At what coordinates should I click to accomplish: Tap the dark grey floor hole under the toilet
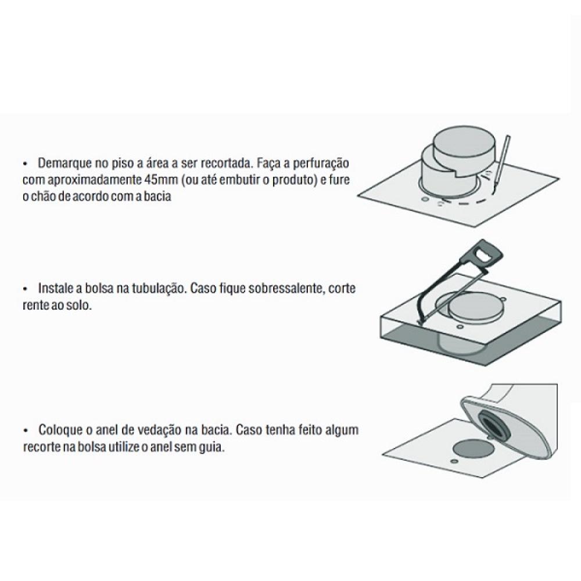pyautogui.click(x=474, y=449)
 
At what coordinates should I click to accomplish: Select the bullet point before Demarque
pyautogui.click(x=26, y=163)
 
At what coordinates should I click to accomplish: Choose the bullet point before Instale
pyautogui.click(x=26, y=288)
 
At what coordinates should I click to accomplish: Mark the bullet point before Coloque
pyautogui.click(x=26, y=430)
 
